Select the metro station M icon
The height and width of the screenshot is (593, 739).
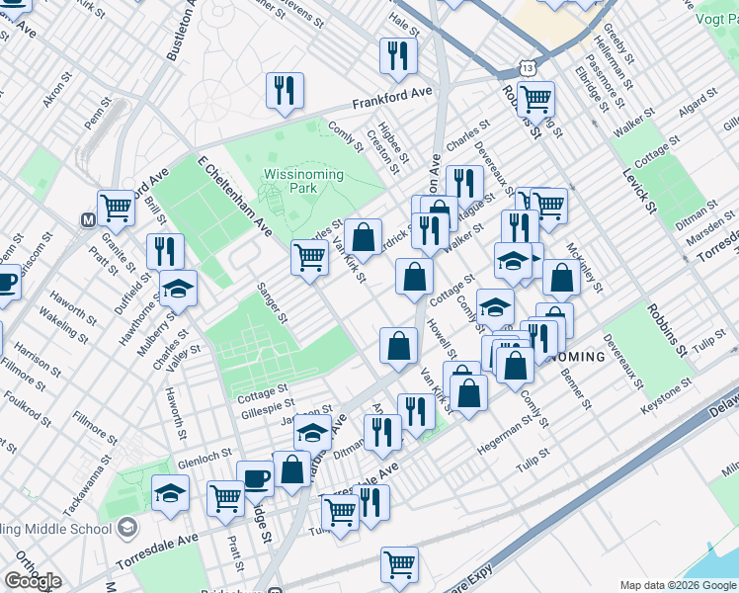89,219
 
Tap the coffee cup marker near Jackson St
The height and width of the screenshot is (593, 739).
256,478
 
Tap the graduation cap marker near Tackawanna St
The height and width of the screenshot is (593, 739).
170,492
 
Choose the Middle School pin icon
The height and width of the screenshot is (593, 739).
126,528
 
